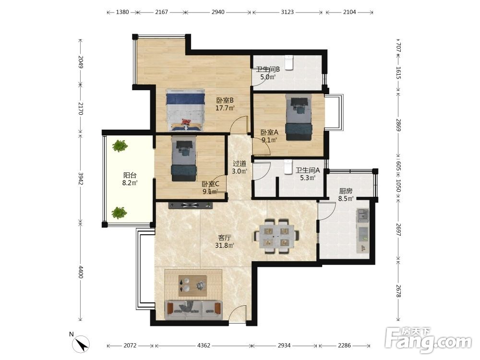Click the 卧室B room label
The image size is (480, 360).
(225, 100)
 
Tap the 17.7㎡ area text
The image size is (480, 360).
(225, 108)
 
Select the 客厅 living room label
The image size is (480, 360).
(224, 238)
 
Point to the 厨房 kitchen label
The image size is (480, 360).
(346, 191)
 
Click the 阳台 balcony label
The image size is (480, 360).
(130, 175)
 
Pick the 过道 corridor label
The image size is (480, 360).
(240, 164)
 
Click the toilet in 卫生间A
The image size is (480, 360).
(288, 167)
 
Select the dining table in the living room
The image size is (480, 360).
(276, 236)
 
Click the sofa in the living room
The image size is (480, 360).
(193, 310)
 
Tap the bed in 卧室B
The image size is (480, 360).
(185, 110)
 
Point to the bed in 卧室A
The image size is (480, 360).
(299, 117)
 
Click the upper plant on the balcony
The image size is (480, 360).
(120, 146)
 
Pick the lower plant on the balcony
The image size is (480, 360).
(119, 213)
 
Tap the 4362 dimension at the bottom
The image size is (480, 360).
(204, 346)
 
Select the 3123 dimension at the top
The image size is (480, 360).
(287, 12)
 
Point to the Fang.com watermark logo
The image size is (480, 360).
(428, 340)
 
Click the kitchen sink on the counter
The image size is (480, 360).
(362, 215)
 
